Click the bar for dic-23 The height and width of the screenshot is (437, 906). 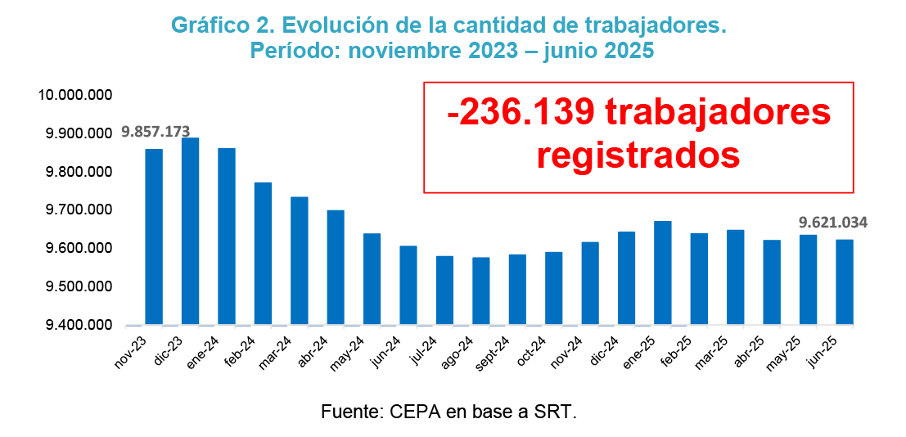click(x=190, y=231)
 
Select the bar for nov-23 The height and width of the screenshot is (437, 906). click(x=154, y=237)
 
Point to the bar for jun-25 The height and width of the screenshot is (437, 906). click(x=844, y=282)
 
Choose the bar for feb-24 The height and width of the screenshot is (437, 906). click(x=263, y=253)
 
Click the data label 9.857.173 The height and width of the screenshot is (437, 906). click(x=156, y=131)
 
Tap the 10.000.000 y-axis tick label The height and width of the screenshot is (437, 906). click(x=74, y=96)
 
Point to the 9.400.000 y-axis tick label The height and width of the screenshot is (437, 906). click(x=74, y=326)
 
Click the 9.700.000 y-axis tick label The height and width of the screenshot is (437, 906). click(x=74, y=210)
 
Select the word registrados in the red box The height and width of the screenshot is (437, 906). click(x=638, y=154)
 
